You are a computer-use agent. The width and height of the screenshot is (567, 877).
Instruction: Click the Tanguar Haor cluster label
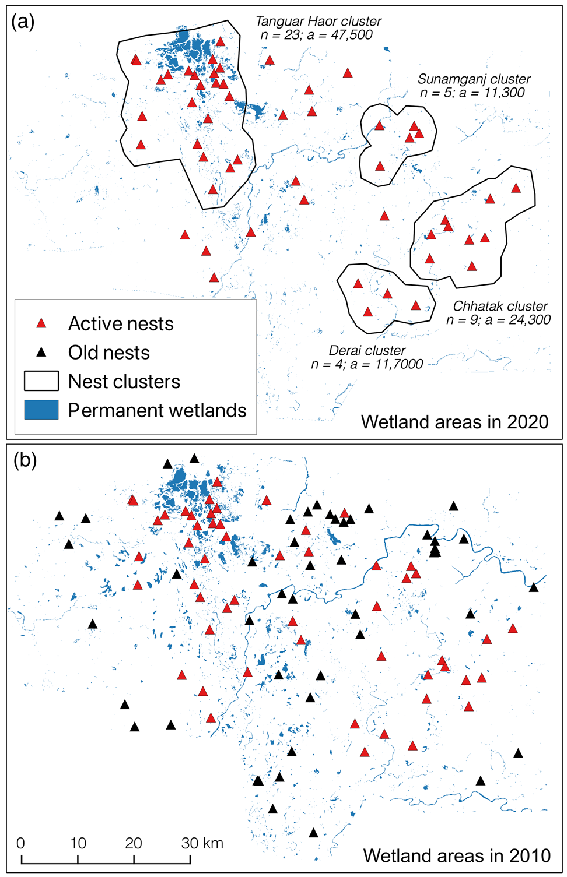tap(318, 22)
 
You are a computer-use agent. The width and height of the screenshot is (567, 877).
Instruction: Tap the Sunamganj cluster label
tap(474, 79)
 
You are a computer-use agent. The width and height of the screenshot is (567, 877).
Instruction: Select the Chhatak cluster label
tap(500, 307)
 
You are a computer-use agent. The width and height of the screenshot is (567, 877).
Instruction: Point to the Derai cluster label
tap(367, 351)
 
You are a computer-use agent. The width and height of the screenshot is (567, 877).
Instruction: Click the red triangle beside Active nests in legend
tap(41, 323)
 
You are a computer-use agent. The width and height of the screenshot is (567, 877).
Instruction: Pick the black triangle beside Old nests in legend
tap(41, 353)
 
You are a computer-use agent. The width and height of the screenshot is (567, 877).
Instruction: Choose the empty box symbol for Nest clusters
tap(41, 381)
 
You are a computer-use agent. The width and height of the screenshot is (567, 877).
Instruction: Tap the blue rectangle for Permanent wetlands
tap(41, 410)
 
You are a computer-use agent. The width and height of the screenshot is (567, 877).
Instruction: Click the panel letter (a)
tap(23, 22)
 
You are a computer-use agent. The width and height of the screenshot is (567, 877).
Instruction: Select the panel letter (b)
tap(24, 460)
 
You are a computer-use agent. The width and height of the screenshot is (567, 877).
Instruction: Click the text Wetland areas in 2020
tap(454, 422)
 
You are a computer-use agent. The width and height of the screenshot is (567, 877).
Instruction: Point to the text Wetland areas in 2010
tap(457, 855)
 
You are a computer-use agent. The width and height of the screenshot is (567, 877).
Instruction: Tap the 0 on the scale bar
tap(20, 843)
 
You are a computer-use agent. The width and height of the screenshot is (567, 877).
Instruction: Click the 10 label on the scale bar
tap(78, 843)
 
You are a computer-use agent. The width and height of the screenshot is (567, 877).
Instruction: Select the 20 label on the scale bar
tap(134, 843)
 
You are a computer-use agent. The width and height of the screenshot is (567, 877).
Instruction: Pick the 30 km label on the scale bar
tap(202, 843)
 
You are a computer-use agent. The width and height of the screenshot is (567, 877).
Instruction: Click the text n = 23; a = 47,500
tap(316, 36)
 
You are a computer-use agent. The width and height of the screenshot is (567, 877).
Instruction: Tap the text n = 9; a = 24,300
tap(498, 320)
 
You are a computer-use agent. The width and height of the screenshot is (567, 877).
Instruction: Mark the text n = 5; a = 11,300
tap(472, 93)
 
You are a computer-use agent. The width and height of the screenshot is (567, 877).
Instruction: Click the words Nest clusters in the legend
tap(124, 382)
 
